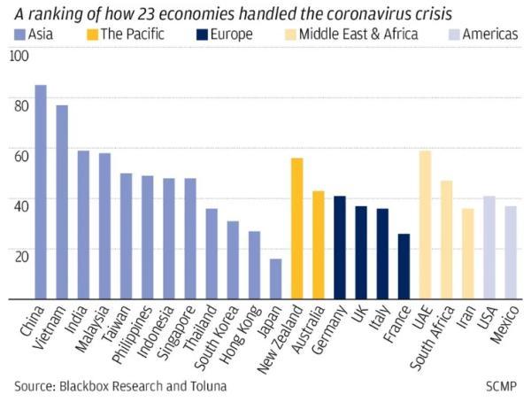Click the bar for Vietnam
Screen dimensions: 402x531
[62, 203]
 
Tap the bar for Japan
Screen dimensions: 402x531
[275, 280]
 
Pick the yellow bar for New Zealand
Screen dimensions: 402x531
[296, 229]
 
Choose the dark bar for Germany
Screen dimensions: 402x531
[339, 249]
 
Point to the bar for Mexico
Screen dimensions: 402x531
[510, 253]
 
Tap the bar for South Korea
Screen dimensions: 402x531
[233, 261]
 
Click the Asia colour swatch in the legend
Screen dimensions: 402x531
[20, 35]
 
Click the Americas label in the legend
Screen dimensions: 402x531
[489, 35]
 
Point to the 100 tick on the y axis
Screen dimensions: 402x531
[19, 56]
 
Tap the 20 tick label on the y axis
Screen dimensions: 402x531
[20, 253]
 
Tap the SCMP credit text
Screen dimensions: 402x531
[500, 386]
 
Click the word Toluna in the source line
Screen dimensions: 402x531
[204, 386]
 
